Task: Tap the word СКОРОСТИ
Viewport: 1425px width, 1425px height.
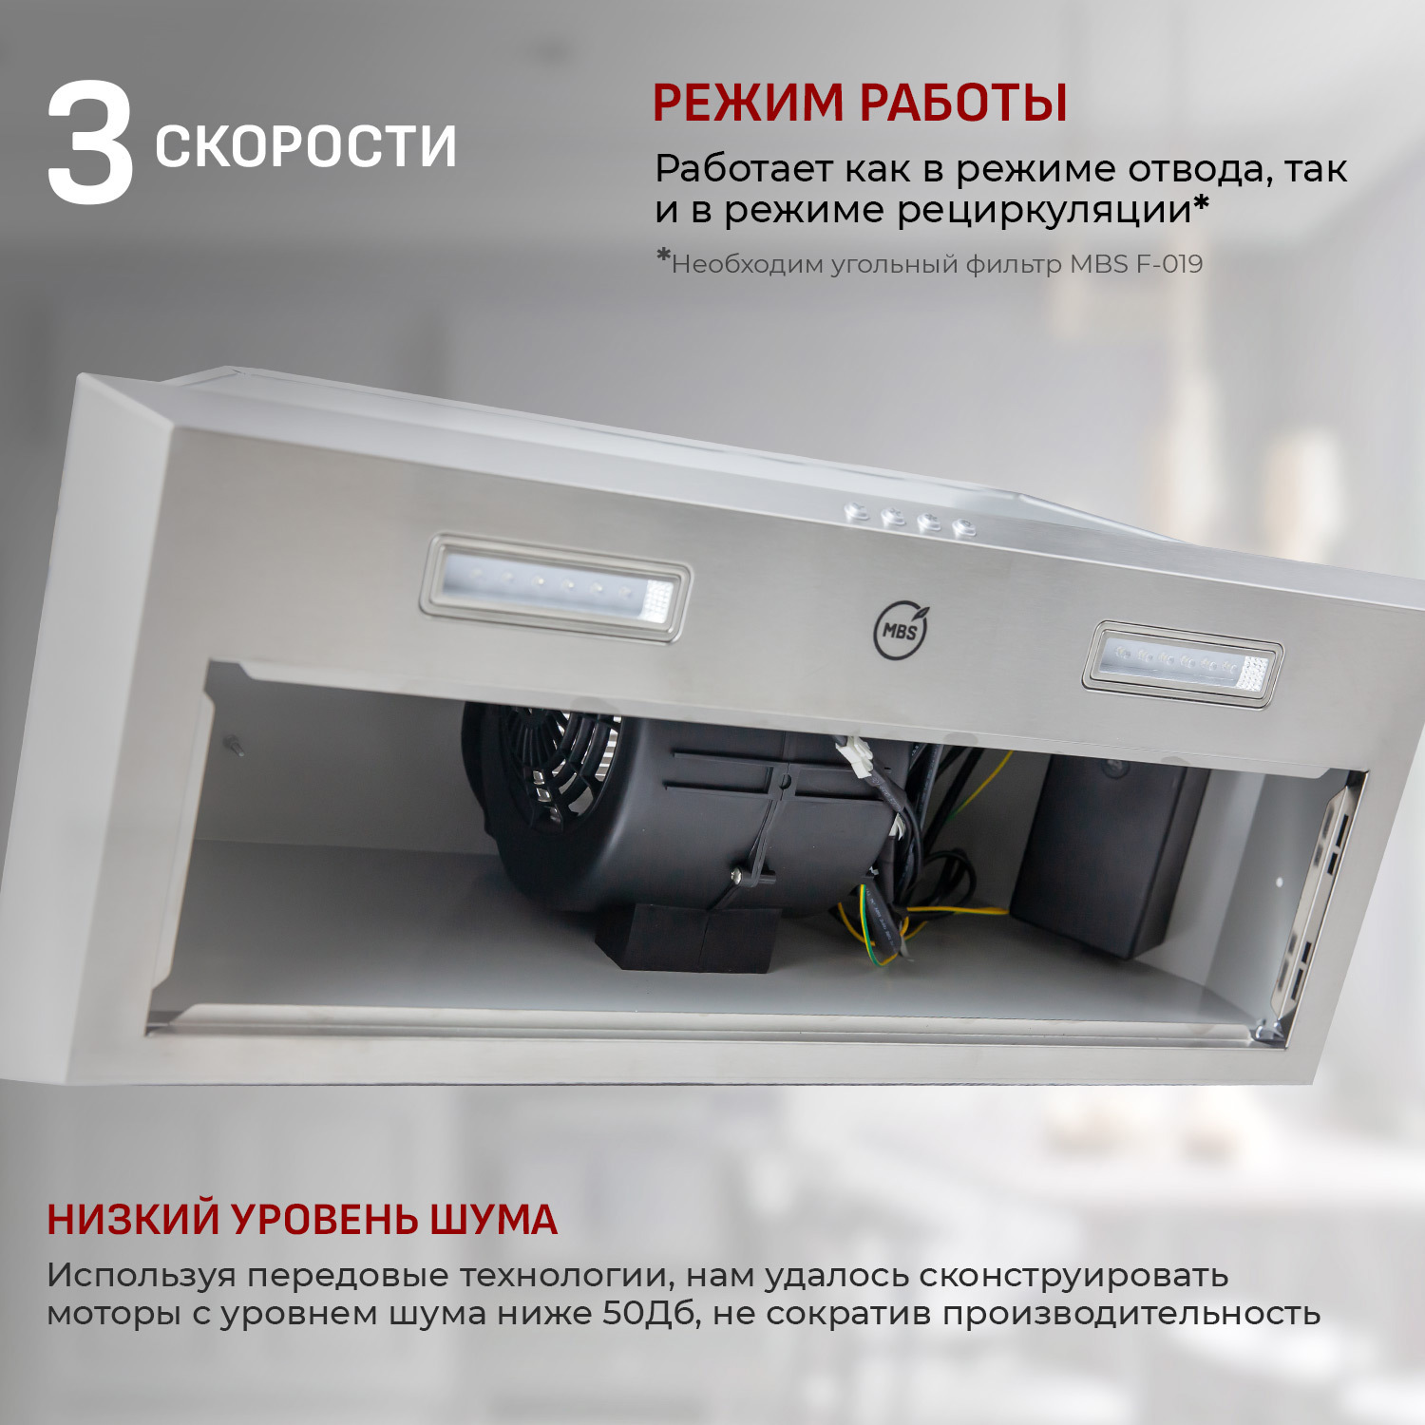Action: coord(305,146)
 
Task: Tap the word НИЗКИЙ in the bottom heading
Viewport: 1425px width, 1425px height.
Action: coord(133,1220)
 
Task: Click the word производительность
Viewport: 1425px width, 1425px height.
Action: coord(1130,1314)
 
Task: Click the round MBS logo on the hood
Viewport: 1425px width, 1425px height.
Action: coord(900,631)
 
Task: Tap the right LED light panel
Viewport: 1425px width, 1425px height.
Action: coord(1182,664)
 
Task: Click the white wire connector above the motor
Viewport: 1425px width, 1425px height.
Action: coord(859,760)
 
